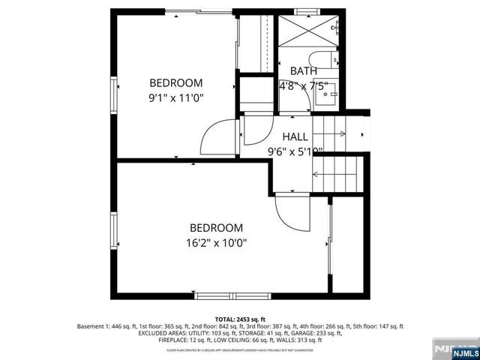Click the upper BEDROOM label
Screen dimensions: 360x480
click(176, 82)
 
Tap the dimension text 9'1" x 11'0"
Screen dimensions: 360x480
click(176, 97)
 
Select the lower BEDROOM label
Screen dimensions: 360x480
click(216, 228)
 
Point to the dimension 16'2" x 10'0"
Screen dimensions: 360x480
click(216, 242)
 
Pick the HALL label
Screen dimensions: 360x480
click(295, 137)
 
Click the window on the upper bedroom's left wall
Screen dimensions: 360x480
click(115, 95)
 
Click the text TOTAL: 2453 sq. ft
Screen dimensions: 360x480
click(239, 319)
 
